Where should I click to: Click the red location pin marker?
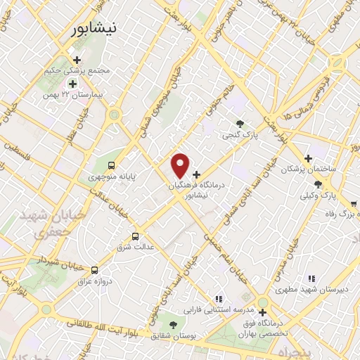181,165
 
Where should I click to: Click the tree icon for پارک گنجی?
241,122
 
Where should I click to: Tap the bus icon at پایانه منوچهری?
112,166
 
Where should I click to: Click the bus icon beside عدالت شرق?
136,236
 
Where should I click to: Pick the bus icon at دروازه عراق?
95,269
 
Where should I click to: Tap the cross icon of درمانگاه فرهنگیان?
196,174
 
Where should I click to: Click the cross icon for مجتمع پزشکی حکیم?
77,60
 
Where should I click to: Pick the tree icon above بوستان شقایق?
173,324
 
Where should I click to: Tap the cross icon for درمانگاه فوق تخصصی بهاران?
263,312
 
